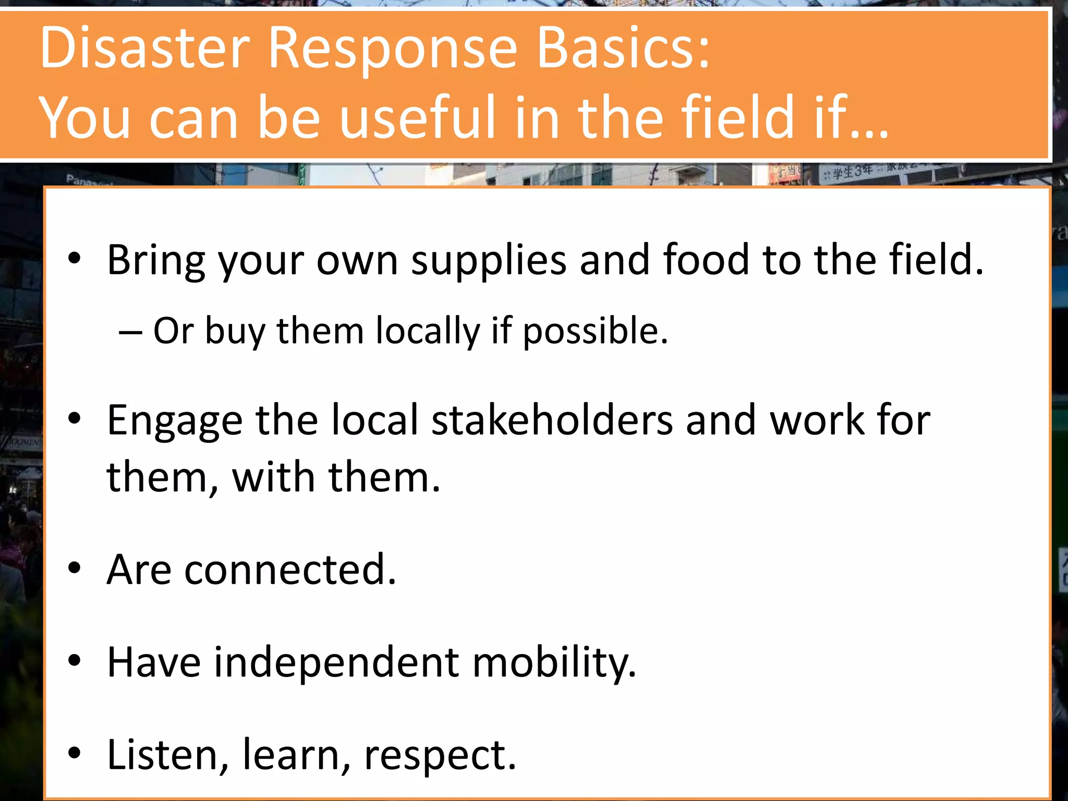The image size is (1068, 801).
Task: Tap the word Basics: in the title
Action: click(x=623, y=48)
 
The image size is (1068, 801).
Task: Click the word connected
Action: click(x=290, y=569)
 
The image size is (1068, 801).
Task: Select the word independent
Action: click(x=336, y=662)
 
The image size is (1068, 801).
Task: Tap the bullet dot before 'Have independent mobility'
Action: click(x=75, y=661)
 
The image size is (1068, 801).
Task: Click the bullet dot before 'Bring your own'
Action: click(x=75, y=258)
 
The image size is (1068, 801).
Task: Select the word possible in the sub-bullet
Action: click(x=595, y=331)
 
